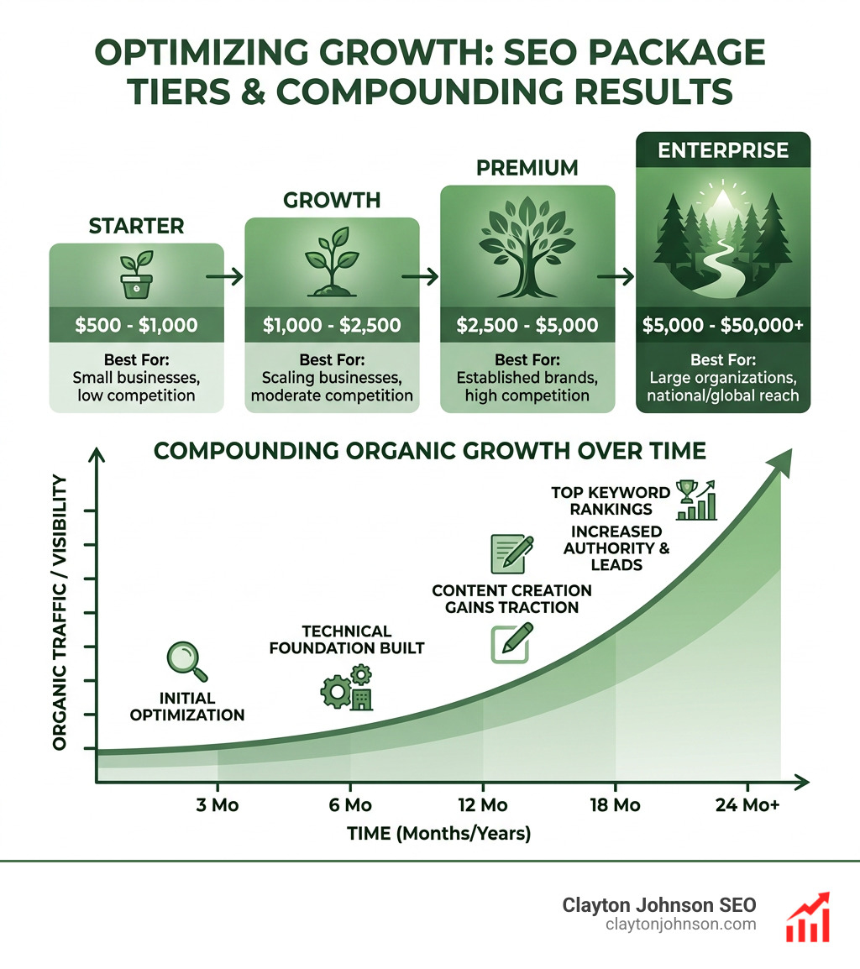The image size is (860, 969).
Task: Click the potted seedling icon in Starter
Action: [x=136, y=275]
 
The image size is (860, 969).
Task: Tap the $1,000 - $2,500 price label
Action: [x=331, y=326]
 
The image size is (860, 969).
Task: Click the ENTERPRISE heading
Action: [x=723, y=151]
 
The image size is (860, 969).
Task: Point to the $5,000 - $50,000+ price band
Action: [x=723, y=325]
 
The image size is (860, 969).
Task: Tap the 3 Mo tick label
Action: [x=218, y=805]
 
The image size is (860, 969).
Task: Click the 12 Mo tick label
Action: [x=483, y=805]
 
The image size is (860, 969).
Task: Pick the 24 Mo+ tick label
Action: [x=747, y=805]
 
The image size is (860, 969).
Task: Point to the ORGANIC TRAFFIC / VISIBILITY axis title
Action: [x=60, y=612]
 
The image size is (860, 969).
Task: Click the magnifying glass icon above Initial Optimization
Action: [x=186, y=661]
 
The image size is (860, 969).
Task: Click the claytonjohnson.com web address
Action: [x=680, y=924]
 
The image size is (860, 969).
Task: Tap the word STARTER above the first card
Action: [x=136, y=227]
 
